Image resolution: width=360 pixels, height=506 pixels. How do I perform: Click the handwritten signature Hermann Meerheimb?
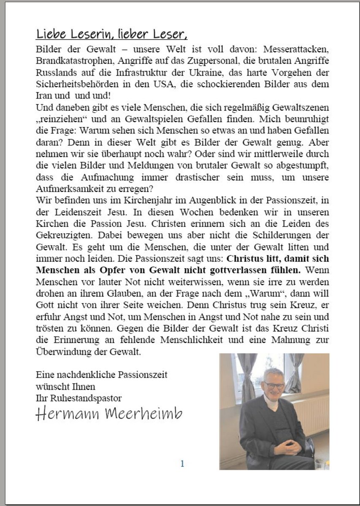(109, 414)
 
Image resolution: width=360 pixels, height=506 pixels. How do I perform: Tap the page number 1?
(182, 464)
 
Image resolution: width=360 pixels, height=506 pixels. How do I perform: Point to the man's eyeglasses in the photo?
(274, 385)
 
